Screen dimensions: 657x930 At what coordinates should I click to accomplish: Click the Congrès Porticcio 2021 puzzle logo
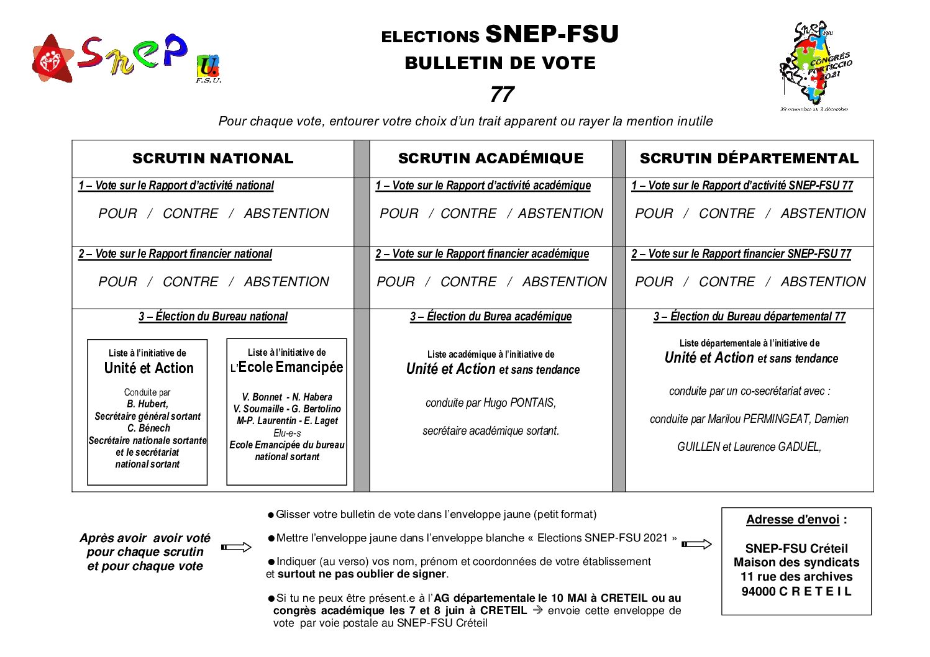814,65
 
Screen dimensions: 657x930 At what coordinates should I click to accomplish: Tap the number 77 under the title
501,94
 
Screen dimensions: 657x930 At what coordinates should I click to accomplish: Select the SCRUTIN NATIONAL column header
212,158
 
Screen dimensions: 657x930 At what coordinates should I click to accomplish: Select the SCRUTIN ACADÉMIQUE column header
491,158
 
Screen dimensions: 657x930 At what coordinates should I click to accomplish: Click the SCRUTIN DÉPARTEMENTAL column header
749,158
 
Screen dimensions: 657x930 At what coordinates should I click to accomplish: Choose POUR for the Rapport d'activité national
117,214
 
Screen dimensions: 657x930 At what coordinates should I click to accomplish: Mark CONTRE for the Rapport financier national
190,282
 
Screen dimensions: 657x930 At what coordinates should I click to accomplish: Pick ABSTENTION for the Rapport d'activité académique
560,214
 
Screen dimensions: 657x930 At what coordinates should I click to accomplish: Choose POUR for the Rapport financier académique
395,282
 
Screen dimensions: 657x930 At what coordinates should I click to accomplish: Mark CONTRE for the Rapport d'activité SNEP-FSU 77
726,214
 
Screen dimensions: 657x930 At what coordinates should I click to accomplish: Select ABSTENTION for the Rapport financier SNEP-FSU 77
823,282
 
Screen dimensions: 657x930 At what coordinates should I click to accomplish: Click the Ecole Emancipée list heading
290,367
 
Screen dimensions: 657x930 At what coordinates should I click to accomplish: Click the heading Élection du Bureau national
213,317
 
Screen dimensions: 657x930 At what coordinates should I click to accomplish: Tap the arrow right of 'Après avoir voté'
236,547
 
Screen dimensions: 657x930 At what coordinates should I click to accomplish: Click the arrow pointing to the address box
696,544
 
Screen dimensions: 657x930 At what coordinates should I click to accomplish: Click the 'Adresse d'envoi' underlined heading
792,520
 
